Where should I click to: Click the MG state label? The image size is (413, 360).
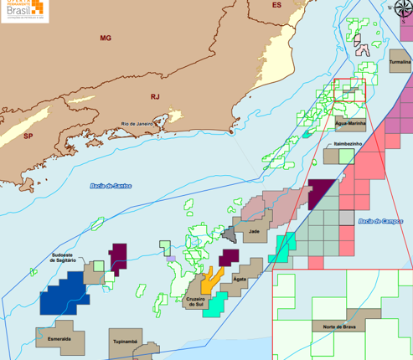105,39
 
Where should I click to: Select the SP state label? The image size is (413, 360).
28,135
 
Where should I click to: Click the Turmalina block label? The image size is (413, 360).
400,62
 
